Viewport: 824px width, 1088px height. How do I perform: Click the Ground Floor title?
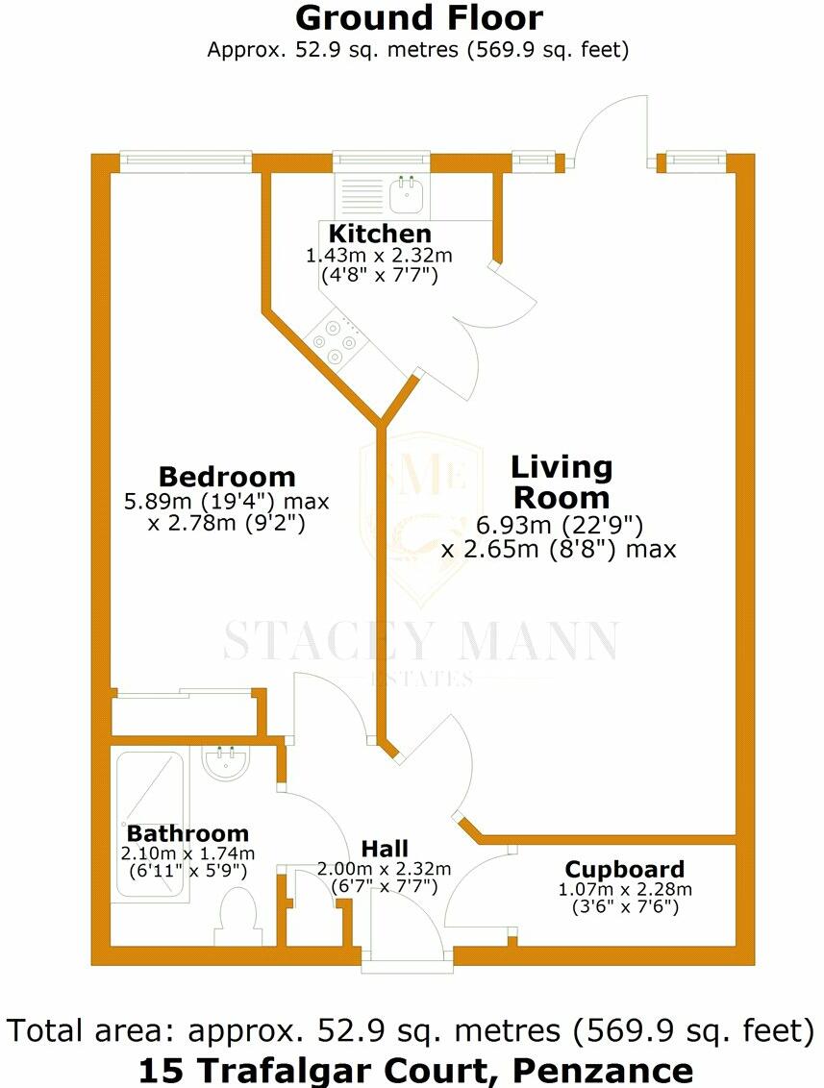click(x=418, y=18)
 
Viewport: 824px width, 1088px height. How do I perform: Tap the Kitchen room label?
click(x=380, y=234)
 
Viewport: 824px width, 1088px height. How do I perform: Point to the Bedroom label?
click(x=227, y=477)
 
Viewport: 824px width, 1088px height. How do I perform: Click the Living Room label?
click(x=561, y=482)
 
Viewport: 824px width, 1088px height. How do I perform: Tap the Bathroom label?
click(x=188, y=833)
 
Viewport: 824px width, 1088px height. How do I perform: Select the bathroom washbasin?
click(x=227, y=765)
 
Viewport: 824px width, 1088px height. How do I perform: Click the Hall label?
click(x=385, y=849)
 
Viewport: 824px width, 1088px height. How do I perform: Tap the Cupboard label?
click(x=624, y=871)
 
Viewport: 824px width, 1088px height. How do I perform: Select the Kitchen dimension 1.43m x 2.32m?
click(x=379, y=256)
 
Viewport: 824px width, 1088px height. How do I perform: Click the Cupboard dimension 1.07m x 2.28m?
click(x=625, y=889)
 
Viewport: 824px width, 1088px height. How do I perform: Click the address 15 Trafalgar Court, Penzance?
click(x=415, y=1069)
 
